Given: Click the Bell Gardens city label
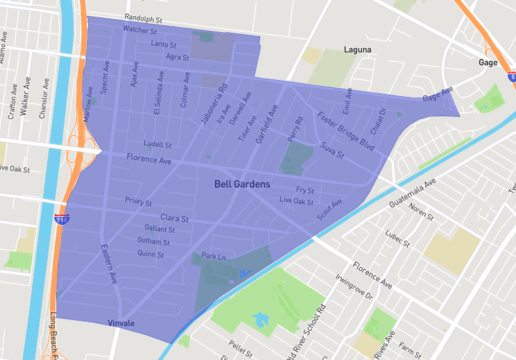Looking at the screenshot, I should [x=242, y=185].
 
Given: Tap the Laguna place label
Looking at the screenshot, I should [x=358, y=49].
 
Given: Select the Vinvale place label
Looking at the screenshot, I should [x=121, y=323].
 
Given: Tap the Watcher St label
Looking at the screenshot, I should [x=140, y=30].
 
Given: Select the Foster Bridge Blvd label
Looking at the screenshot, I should [x=346, y=132].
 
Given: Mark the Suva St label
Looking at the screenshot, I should [x=332, y=151].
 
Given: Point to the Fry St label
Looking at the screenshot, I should [x=305, y=190].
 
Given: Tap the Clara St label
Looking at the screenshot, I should [x=174, y=218].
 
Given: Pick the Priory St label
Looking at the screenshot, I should [x=138, y=202].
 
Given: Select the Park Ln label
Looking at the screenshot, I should [x=214, y=257].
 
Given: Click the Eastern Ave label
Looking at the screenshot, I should [x=108, y=264].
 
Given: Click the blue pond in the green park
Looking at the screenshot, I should [x=260, y=319].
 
